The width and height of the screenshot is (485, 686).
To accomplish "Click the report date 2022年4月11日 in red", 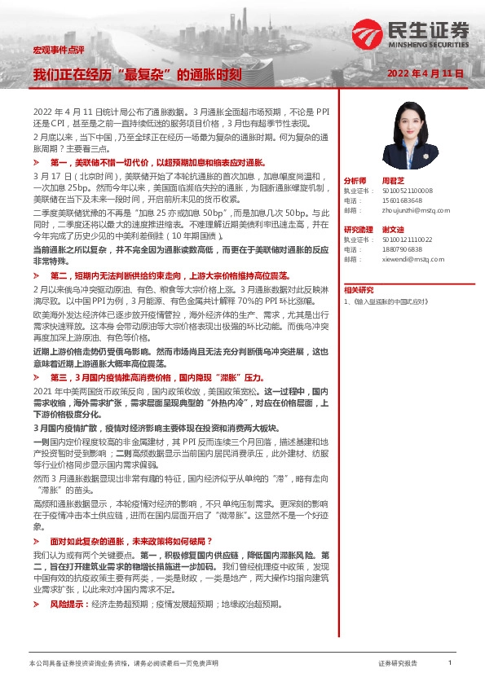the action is click(425, 73).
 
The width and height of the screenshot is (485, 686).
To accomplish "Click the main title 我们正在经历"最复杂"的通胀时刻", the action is click(136, 74).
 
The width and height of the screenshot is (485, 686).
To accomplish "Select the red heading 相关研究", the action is click(359, 290).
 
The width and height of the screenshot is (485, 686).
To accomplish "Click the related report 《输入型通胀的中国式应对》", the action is click(395, 301).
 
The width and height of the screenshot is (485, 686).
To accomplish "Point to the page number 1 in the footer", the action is click(449, 664).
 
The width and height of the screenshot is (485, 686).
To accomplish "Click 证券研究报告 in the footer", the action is click(398, 664).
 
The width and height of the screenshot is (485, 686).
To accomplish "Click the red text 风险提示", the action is click(68, 605).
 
